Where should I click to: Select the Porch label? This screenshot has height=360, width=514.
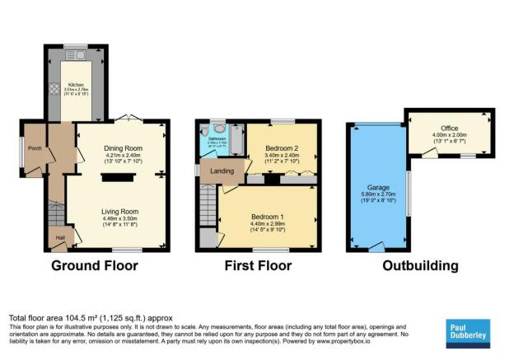tap(35, 148)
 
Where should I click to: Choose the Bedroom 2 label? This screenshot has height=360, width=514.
tap(281, 147)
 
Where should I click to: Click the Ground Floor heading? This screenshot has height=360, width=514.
tap(94, 266)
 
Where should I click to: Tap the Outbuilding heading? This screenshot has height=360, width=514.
tap(419, 266)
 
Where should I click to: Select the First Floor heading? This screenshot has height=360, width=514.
tap(258, 266)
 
